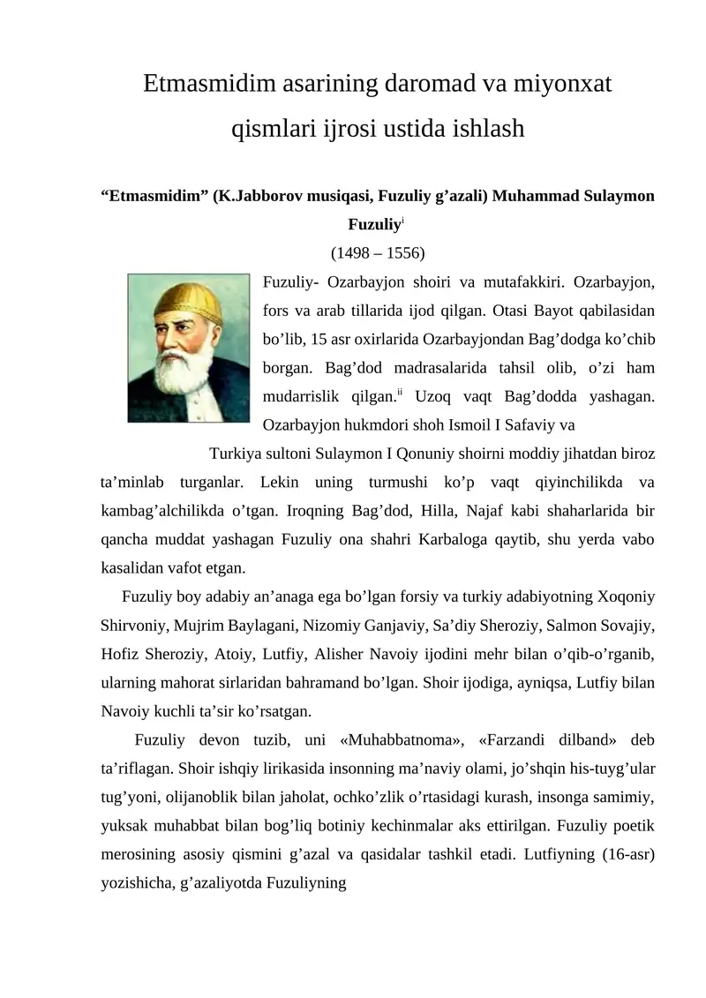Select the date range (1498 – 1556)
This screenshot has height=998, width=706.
[x=377, y=254]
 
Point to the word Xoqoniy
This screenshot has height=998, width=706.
[x=621, y=596]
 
